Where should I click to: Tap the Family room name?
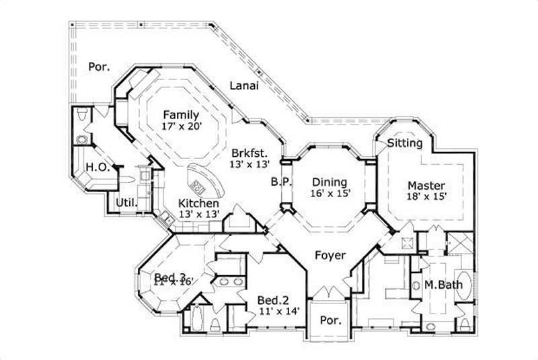pos(181,114)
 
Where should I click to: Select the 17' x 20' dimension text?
pos(181,126)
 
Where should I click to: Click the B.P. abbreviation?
pos(280,181)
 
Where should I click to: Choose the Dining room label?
pos(330,182)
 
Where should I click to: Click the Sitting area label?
pos(405,143)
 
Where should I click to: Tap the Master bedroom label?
pos(426,185)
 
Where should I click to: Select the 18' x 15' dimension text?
pos(426,196)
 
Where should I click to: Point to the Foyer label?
pos(330,256)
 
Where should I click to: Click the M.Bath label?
pos(443,285)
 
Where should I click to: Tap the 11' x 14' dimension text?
pos(278,312)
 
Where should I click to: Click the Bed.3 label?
pos(170,277)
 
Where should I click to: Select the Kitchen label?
pos(198,203)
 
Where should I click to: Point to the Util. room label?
pos(127,202)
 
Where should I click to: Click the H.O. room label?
pos(97,167)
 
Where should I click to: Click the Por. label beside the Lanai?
pos(99,67)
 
